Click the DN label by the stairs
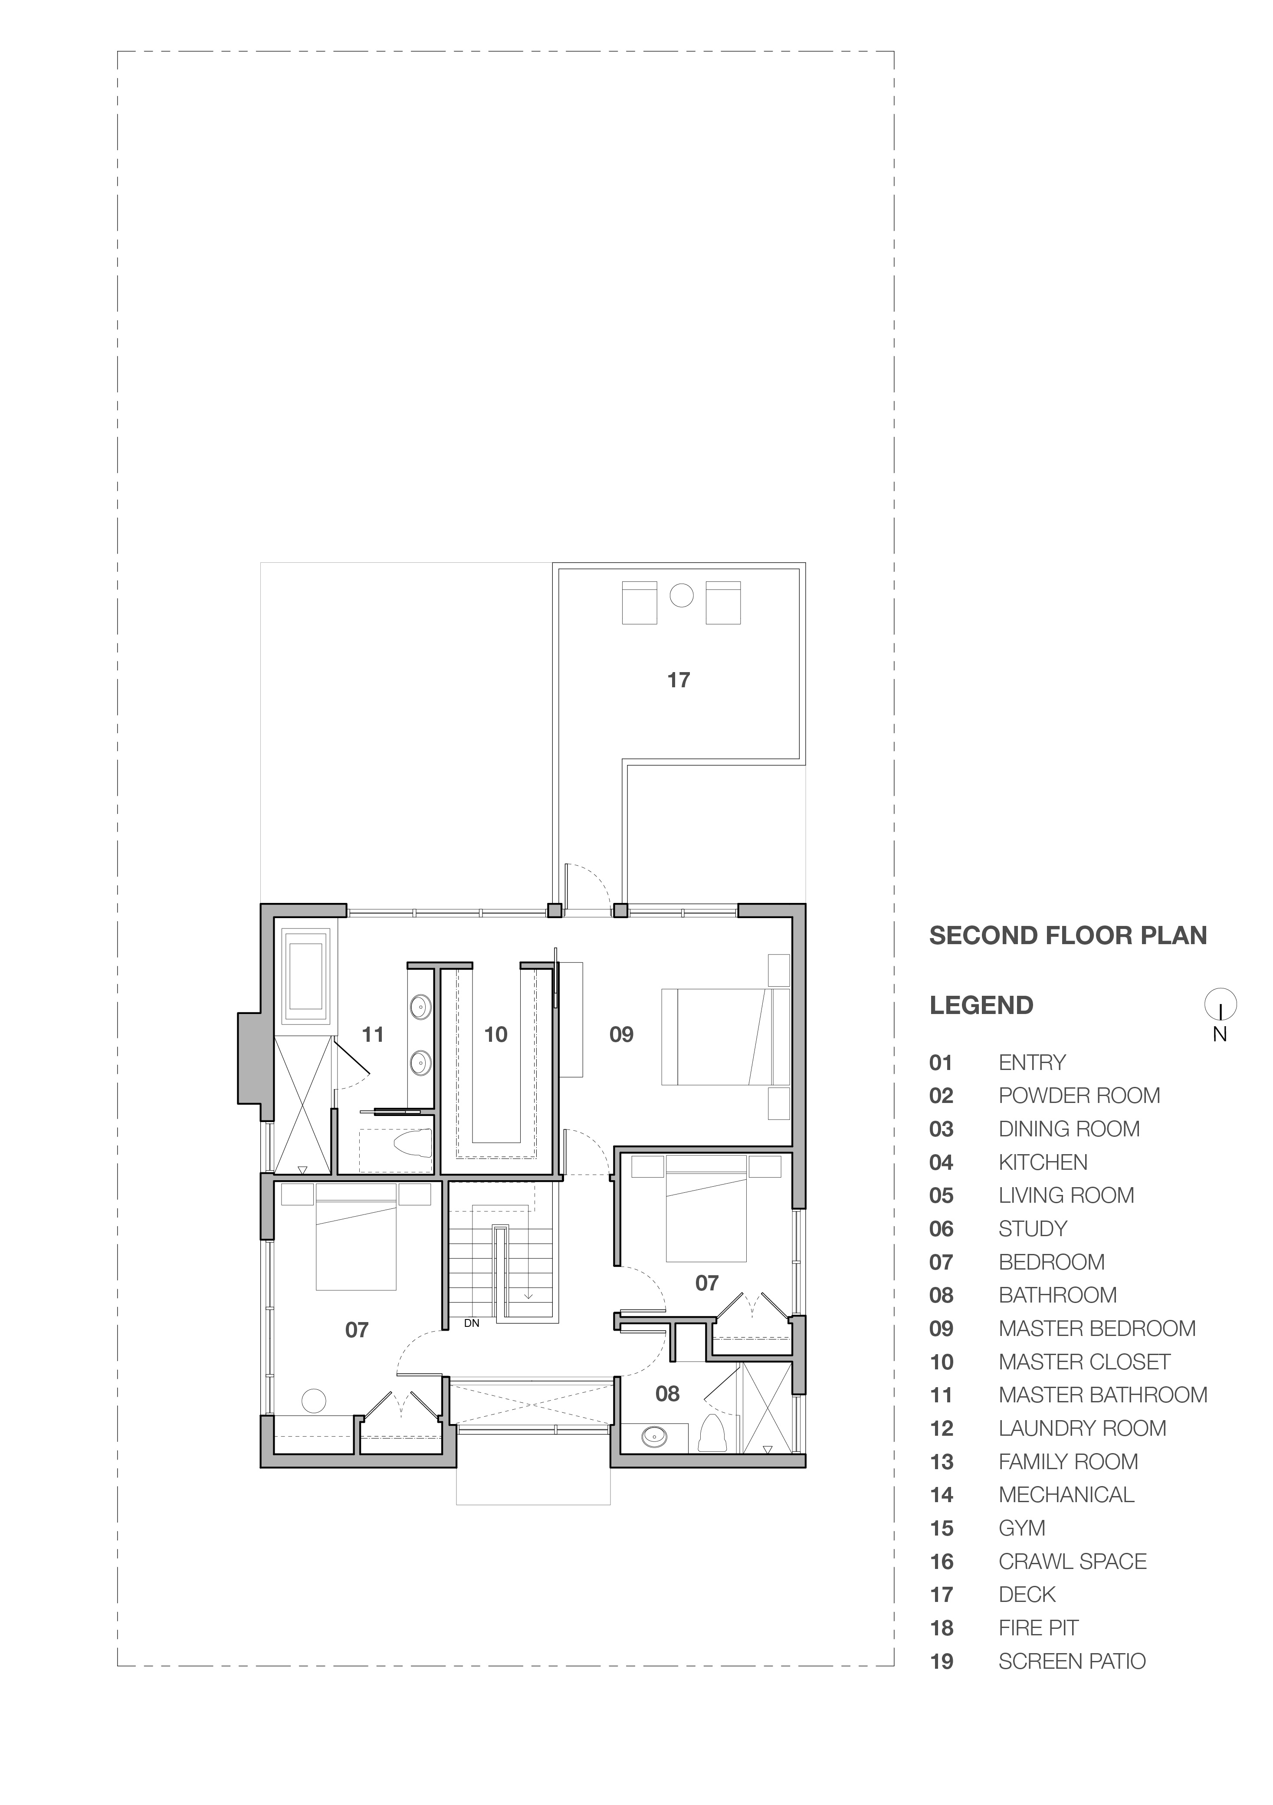tap(471, 1323)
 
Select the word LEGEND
tap(981, 1005)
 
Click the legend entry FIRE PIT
tap(1038, 1628)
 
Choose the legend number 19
tap(941, 1662)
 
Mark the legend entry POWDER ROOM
tap(1079, 1096)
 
